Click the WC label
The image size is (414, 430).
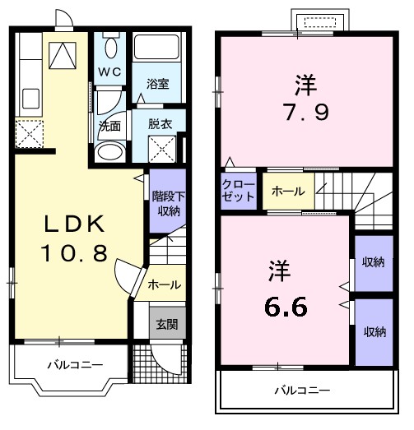coord(109,72)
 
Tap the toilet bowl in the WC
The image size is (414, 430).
coord(111,48)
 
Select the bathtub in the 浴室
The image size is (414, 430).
coord(156,47)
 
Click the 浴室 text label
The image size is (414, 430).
coord(157,84)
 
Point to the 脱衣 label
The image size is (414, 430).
coord(160,124)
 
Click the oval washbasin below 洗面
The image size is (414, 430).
coord(109,151)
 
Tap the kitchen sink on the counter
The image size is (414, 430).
coord(30,98)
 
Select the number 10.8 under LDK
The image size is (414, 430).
coord(74,253)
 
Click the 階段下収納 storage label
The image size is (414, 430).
coord(168,203)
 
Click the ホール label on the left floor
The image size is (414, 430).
coord(164,285)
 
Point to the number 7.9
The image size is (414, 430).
coord(306,112)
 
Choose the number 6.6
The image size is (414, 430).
coord(286,307)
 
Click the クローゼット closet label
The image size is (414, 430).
coord(238,191)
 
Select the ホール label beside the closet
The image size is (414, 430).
coord(288,191)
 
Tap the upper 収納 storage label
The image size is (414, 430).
coord(373,262)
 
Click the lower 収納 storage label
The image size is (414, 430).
coord(375,332)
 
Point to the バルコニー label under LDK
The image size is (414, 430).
coord(75,365)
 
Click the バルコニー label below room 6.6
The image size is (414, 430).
coord(302,391)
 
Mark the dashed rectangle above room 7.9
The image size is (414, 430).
coord(320,22)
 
